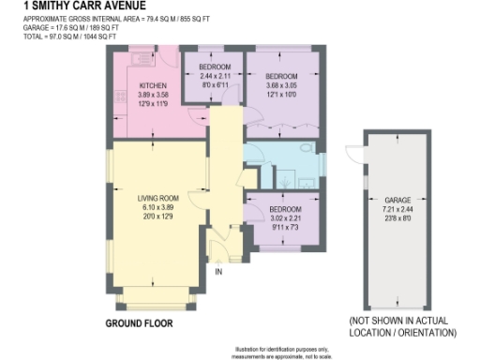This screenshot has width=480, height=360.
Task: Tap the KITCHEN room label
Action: (127, 85)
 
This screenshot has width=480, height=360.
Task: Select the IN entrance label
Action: (219, 272)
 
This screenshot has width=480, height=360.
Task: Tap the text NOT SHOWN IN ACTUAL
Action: (400, 322)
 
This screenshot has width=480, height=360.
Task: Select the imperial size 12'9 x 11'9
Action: (127, 104)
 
